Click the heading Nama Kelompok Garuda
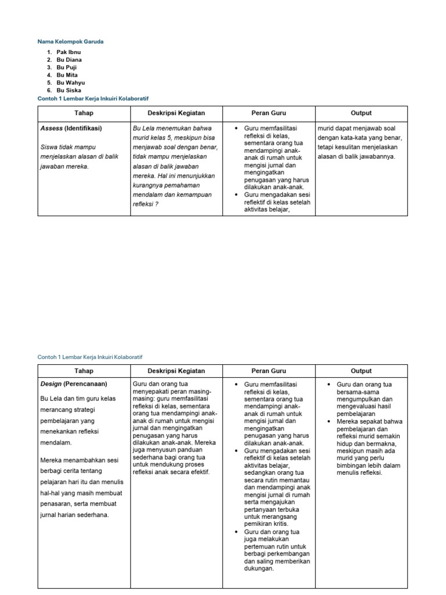pos(71,42)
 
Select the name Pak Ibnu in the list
pos(69,52)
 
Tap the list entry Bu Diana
pos(69,60)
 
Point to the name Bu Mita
pos(67,75)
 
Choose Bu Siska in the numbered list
pos(69,91)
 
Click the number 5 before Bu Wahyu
pos(49,83)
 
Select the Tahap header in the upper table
pos(84,113)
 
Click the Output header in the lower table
pos(361,371)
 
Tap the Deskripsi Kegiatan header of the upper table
pos(176,113)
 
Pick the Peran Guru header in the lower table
pos(268,371)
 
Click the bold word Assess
pos(51,128)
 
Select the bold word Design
pos(51,383)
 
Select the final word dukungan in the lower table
pos(260,569)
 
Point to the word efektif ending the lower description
pos(199,472)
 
